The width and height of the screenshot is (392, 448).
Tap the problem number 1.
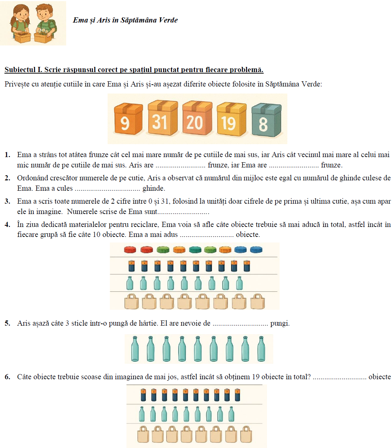pyautogui.click(x=7, y=155)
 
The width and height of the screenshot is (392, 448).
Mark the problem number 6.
pyautogui.click(x=7, y=377)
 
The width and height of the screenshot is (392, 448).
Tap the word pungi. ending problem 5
pyautogui.click(x=280, y=323)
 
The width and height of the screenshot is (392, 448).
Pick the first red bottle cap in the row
pyautogui.click(x=130, y=250)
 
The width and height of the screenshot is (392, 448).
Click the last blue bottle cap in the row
pyautogui.click(x=256, y=250)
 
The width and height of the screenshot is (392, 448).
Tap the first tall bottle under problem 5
pyautogui.click(x=135, y=349)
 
